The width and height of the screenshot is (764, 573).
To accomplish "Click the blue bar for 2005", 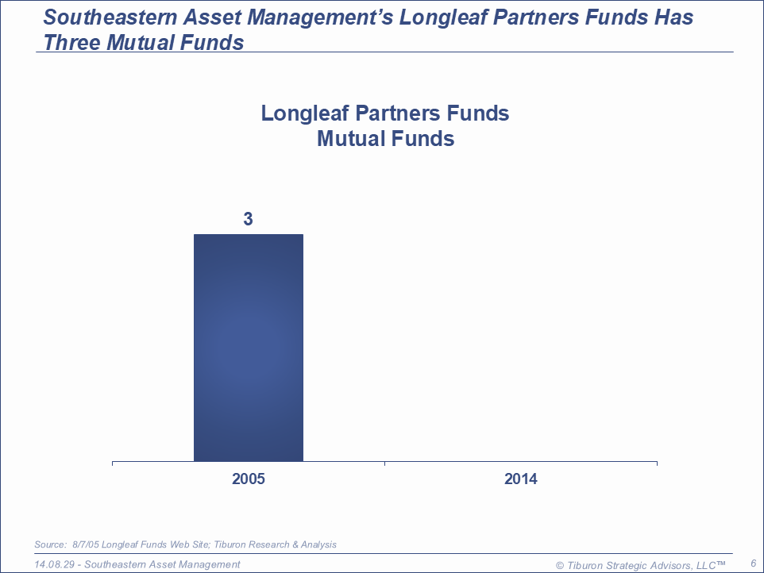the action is pos(249,348).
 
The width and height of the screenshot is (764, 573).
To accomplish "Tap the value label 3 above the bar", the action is pos(248,219).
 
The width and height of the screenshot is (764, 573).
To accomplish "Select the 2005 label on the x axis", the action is pos(249,479).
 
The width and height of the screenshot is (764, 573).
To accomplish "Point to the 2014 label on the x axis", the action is pos(521,479).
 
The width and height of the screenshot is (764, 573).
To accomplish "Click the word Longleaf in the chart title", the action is pos(305,113).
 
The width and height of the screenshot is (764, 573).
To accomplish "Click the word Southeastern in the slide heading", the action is pos(110,17).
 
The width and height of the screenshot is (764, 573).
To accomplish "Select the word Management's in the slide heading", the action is pos(288,17).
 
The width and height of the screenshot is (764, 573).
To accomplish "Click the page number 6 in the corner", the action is pos(754,563).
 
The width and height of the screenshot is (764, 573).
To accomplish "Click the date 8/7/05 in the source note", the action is pos(86,544).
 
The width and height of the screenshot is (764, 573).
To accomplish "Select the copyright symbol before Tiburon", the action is pos(560,566).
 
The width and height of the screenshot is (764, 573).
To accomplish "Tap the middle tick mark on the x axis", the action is pos(385,463).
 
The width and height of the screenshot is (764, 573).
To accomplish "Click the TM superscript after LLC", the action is pos(721,563).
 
